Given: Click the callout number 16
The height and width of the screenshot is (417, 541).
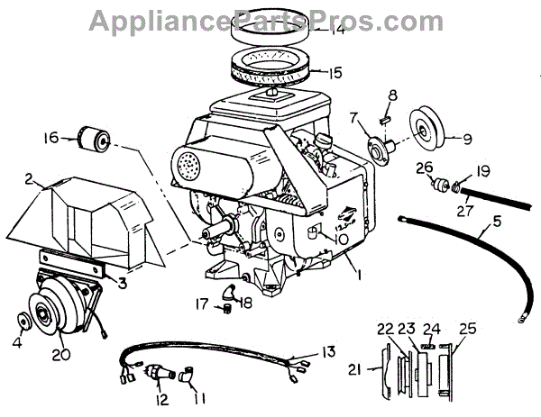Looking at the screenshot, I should click(51, 138).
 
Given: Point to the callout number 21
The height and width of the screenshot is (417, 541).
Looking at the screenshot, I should click(354, 368).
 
